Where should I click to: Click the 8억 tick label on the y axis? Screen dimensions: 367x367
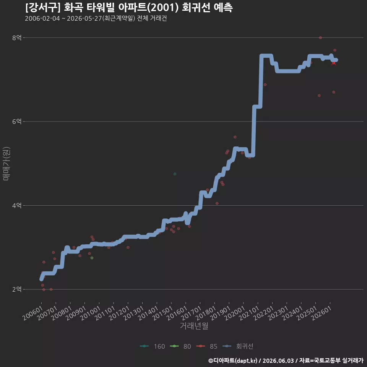click(x=16, y=38)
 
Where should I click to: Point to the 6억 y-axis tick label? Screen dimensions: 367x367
click(x=16, y=122)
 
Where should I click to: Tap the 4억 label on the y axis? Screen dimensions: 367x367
click(x=16, y=206)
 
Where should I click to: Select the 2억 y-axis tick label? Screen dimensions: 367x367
click(x=16, y=289)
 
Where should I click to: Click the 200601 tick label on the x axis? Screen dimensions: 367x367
click(x=33, y=313)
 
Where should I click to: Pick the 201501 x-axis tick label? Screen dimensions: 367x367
click(x=163, y=313)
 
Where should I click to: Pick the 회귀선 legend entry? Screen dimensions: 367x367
click(x=237, y=346)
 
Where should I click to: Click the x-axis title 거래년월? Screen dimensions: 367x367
click(x=194, y=326)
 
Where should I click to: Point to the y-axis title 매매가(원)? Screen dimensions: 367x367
click(x=6, y=164)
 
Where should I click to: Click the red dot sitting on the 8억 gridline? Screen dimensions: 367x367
click(x=320, y=38)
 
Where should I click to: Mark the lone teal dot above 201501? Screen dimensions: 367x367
click(x=175, y=174)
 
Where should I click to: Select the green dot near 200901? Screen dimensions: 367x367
click(x=92, y=258)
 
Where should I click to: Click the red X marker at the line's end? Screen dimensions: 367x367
click(x=334, y=63)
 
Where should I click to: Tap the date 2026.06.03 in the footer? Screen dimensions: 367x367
click(x=278, y=361)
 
